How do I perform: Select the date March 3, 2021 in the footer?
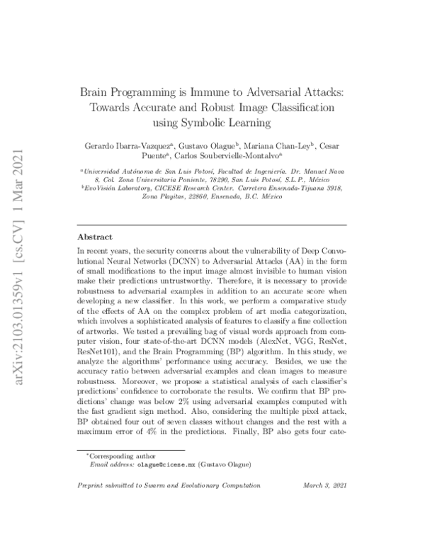(323, 486)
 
